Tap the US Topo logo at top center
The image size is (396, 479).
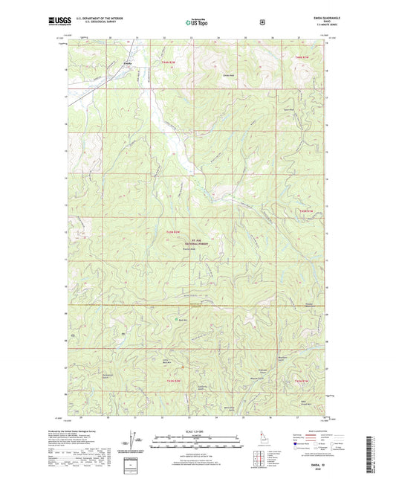click(x=197, y=22)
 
